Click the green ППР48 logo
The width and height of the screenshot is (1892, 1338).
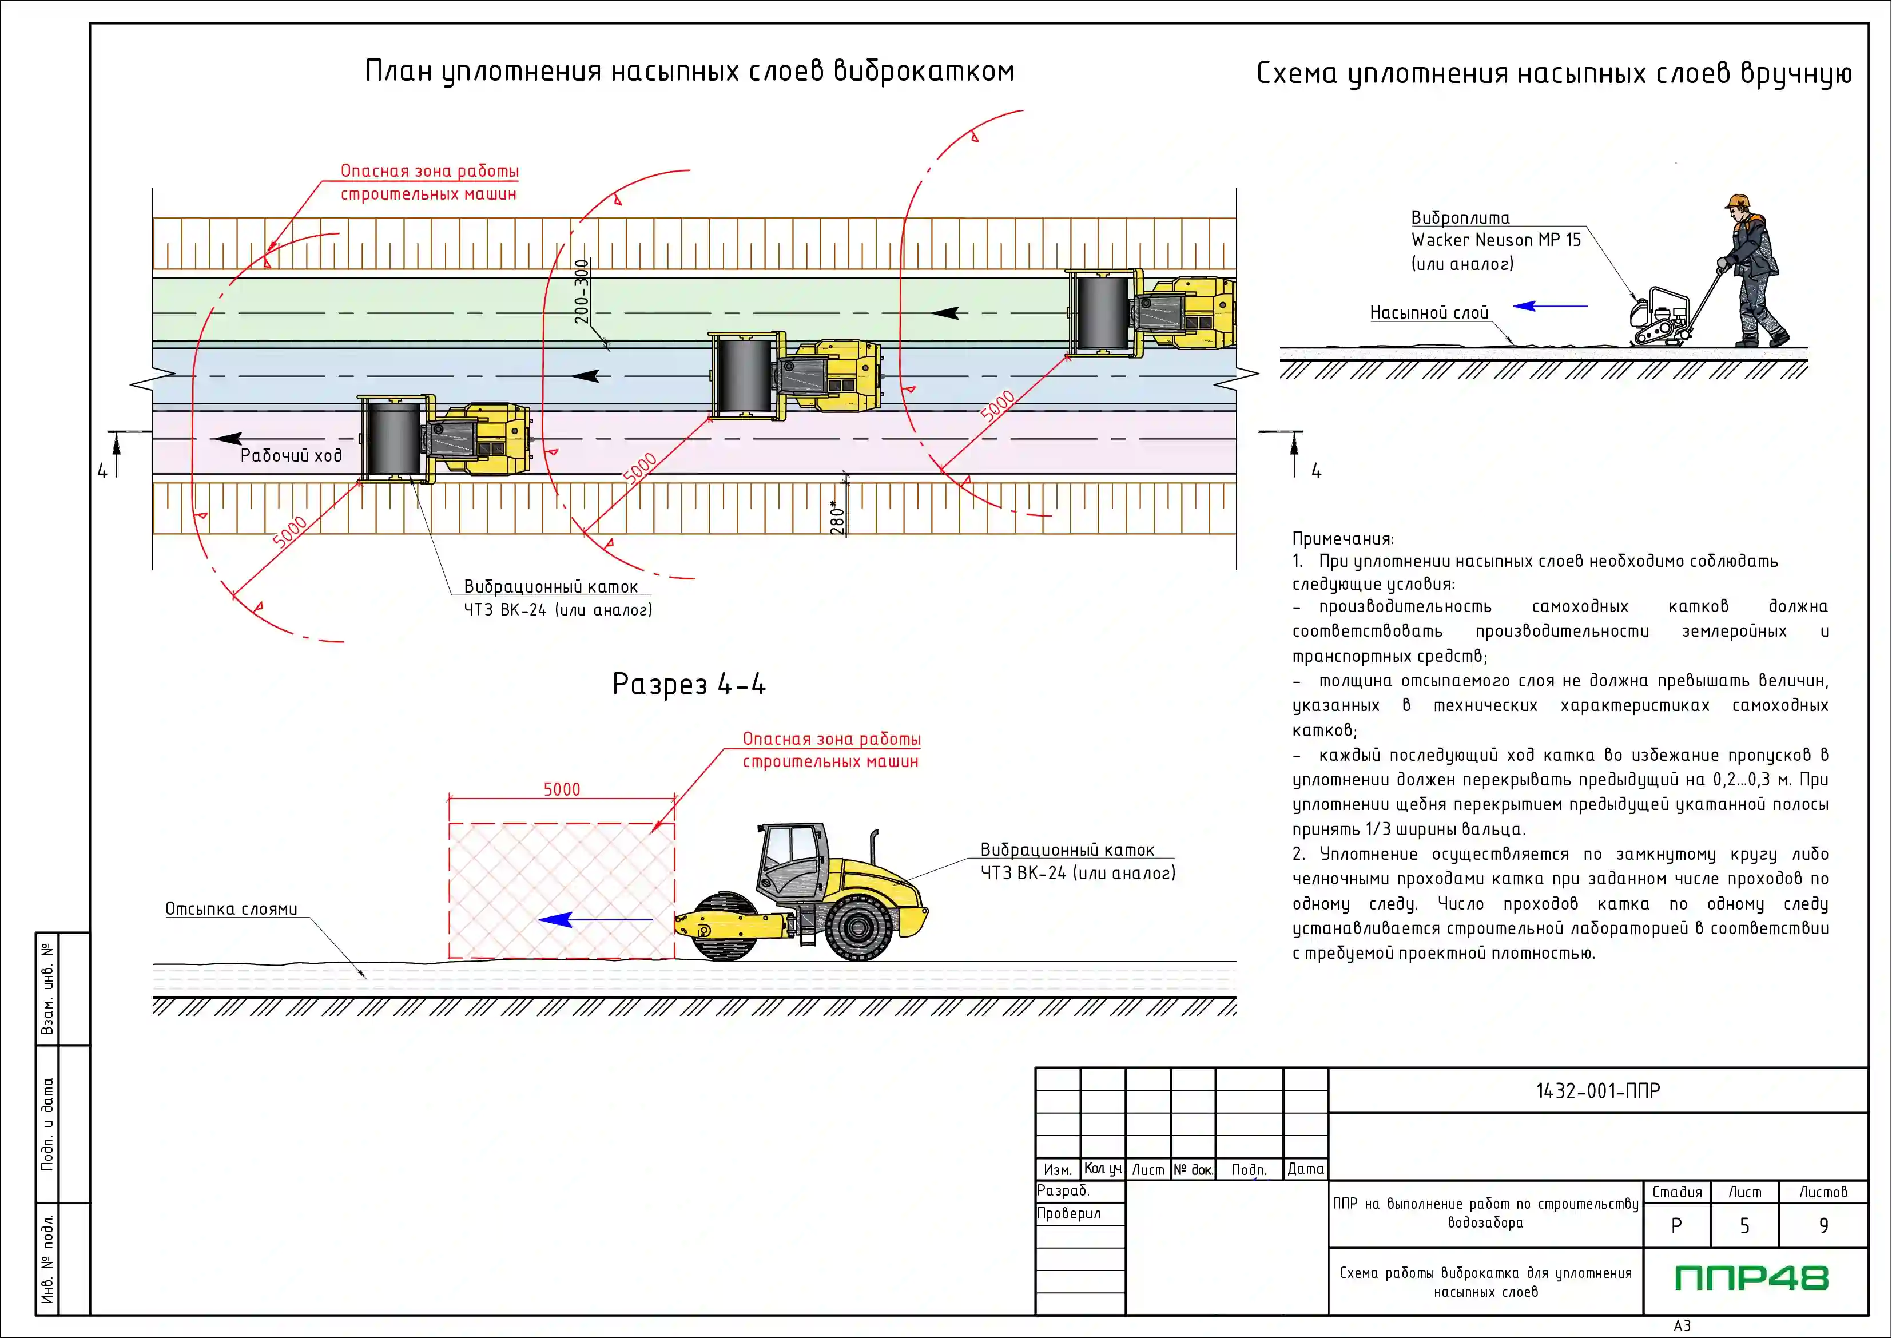(x=1751, y=1278)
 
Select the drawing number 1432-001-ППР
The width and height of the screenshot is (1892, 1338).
(x=1598, y=1091)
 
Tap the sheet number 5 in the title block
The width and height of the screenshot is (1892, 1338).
(x=1744, y=1226)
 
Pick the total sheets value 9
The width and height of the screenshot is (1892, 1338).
(x=1823, y=1226)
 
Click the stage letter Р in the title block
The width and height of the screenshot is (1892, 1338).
(x=1676, y=1226)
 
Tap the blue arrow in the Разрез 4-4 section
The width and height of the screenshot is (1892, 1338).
(x=595, y=919)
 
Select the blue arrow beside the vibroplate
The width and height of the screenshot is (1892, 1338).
(x=1550, y=306)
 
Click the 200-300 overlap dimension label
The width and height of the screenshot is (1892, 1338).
(x=582, y=292)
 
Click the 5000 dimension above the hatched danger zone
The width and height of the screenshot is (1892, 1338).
(x=562, y=789)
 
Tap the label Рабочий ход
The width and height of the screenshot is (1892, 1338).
(x=291, y=455)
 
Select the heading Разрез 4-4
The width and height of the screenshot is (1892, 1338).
(x=689, y=684)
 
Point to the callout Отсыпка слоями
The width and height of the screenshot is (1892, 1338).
(x=232, y=908)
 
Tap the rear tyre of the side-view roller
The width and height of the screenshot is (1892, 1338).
(x=858, y=927)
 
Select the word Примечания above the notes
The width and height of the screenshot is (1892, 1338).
(x=1343, y=539)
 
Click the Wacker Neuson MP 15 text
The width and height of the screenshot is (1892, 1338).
(x=1496, y=240)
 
